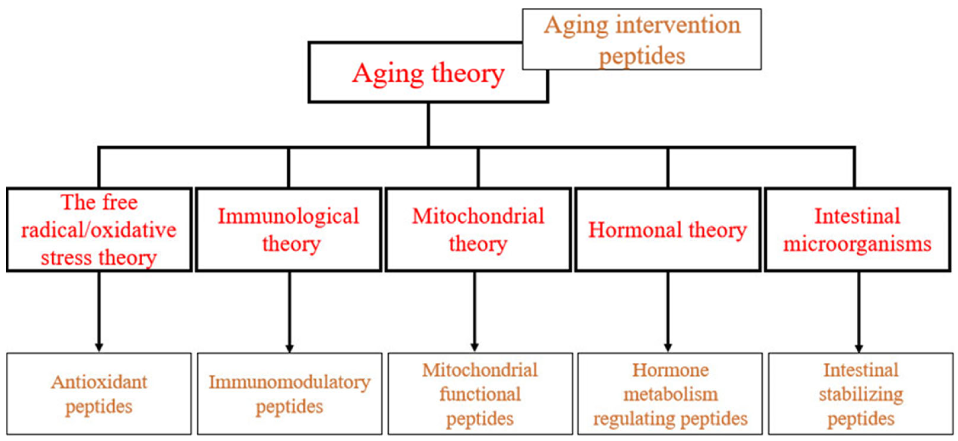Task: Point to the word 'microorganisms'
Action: [x=858, y=245]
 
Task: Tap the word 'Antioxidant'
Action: [x=99, y=382]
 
